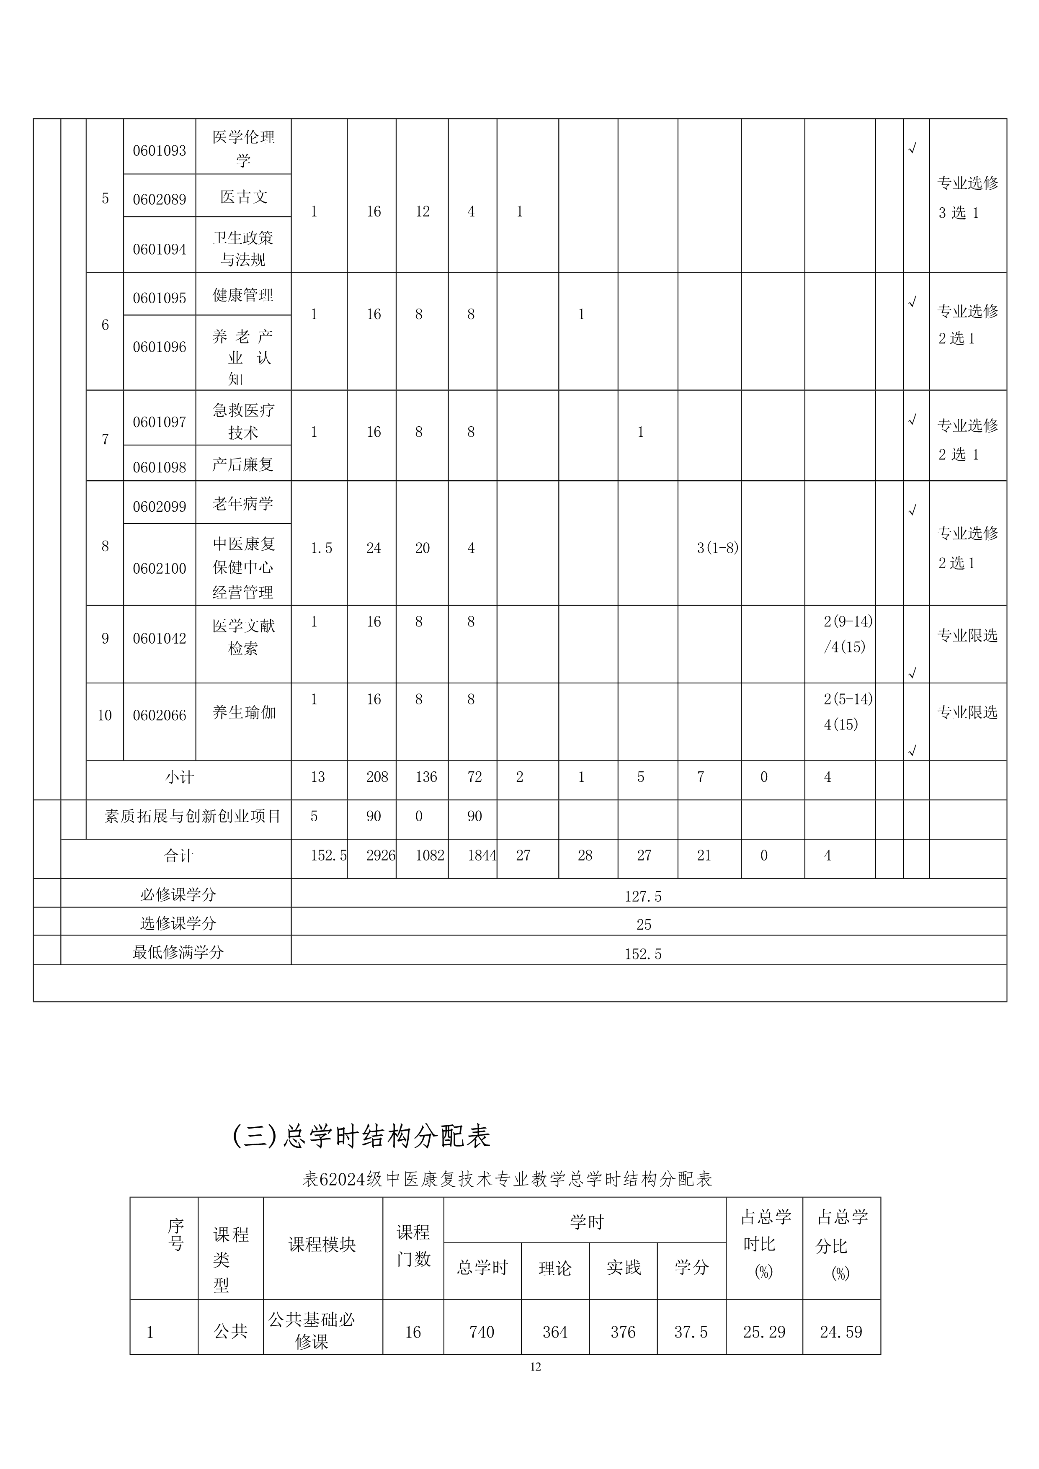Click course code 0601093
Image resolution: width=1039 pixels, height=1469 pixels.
point(159,151)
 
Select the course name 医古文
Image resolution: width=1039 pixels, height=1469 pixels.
point(243,197)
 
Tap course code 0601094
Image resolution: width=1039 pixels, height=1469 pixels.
point(159,250)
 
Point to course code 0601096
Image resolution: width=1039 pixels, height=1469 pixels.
point(159,348)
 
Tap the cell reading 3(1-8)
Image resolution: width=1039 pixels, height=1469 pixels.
point(717,548)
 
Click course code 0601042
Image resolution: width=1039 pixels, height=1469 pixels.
point(159,639)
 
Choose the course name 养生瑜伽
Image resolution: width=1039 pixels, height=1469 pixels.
point(244,713)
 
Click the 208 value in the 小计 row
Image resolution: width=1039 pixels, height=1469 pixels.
point(377,777)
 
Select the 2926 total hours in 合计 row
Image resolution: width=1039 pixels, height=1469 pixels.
point(381,856)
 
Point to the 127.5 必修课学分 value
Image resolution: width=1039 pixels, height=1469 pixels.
point(643,897)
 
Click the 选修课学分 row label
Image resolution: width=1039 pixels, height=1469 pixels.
point(178,923)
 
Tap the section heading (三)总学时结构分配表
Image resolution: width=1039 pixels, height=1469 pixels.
point(361,1136)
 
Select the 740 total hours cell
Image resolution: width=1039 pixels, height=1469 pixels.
point(481,1333)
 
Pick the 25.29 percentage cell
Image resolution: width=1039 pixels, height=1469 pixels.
point(764,1333)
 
